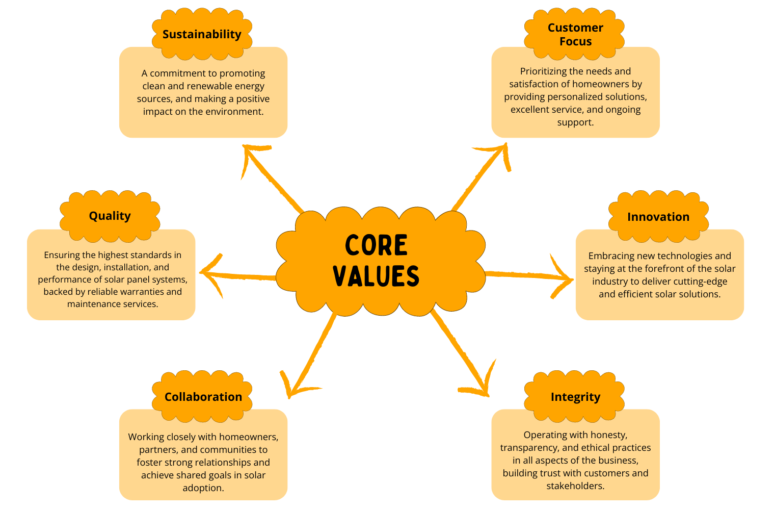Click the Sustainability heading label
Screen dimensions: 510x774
pyautogui.click(x=202, y=34)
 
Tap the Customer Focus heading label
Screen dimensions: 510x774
pyautogui.click(x=575, y=34)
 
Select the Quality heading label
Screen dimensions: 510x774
pyautogui.click(x=110, y=216)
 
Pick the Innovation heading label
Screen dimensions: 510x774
pyautogui.click(x=658, y=217)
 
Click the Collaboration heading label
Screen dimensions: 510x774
pyautogui.click(x=203, y=397)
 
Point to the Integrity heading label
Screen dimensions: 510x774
pyautogui.click(x=575, y=397)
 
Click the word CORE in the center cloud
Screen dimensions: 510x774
pyautogui.click(x=376, y=245)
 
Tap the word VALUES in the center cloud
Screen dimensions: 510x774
pyautogui.click(x=376, y=276)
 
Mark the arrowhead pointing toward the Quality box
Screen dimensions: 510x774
pyautogui.click(x=206, y=272)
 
